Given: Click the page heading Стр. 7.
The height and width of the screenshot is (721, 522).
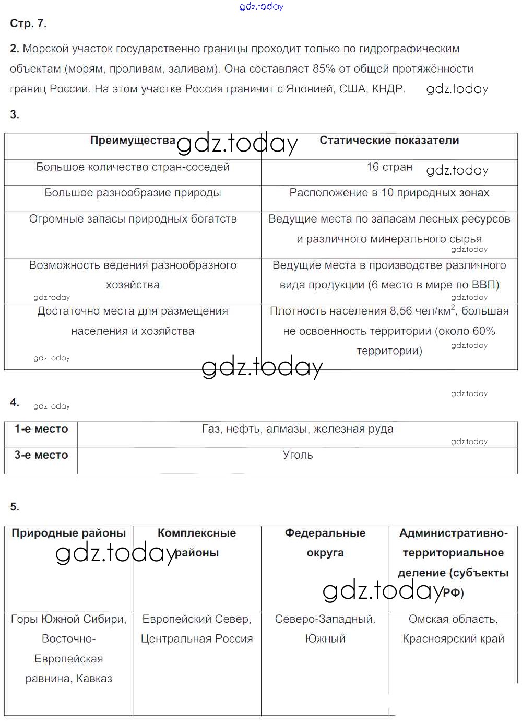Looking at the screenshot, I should pyautogui.click(x=28, y=24).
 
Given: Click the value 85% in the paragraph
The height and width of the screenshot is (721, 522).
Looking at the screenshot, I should pyautogui.click(x=324, y=69).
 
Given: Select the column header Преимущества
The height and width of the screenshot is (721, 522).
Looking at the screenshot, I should pyautogui.click(x=133, y=141).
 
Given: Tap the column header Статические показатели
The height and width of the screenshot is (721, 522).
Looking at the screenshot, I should pyautogui.click(x=389, y=141).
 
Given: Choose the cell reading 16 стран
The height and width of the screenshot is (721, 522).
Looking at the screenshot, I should pyautogui.click(x=389, y=167).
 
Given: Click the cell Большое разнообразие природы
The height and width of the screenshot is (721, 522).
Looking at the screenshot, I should pyautogui.click(x=133, y=193).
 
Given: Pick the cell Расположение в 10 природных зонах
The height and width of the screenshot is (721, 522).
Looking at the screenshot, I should pyautogui.click(x=389, y=193).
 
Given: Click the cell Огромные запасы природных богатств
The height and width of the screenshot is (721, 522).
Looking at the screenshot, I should pyautogui.click(x=133, y=219).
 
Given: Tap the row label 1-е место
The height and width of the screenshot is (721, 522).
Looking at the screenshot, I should pyautogui.click(x=41, y=429).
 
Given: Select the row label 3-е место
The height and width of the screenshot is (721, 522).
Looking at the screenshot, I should pyautogui.click(x=41, y=455).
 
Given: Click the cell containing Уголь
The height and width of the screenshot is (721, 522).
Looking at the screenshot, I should pyautogui.click(x=298, y=455).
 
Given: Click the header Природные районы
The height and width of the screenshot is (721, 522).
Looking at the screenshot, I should pyautogui.click(x=69, y=533).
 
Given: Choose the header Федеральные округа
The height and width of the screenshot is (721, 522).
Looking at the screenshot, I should pyautogui.click(x=325, y=543).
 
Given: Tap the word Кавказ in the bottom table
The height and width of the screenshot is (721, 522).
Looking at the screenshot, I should pyautogui.click(x=94, y=679).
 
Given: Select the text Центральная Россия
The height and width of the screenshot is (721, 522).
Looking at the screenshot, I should pyautogui.click(x=197, y=639).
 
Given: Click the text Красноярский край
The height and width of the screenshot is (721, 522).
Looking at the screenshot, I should pyautogui.click(x=453, y=639).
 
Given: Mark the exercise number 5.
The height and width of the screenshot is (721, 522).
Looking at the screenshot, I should pyautogui.click(x=14, y=507).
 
